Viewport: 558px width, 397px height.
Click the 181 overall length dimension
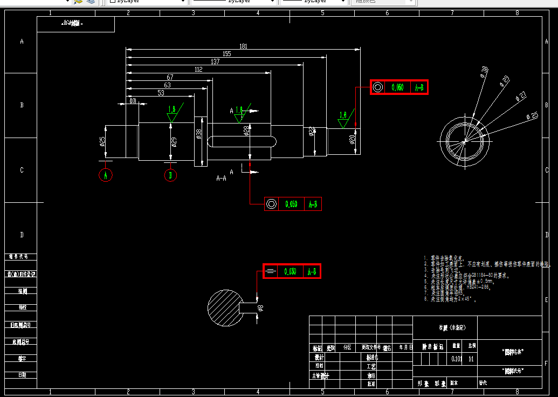pyautogui.click(x=244, y=46)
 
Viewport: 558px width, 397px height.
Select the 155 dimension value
pyautogui.click(x=226, y=54)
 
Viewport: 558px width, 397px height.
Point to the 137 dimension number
pyautogui.click(x=215, y=61)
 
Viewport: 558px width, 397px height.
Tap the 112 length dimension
pyautogui.click(x=198, y=69)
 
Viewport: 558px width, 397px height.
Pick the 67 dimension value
pyautogui.click(x=170, y=77)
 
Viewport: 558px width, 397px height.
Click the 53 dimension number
pyautogui.click(x=161, y=93)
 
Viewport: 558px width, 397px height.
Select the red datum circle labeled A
pyautogui.click(x=106, y=175)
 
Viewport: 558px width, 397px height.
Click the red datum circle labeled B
pyautogui.click(x=170, y=175)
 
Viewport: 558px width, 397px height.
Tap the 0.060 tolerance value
pyautogui.click(x=398, y=87)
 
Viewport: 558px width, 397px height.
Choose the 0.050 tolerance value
pyautogui.click(x=291, y=204)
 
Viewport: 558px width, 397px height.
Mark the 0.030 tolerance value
pyautogui.click(x=290, y=272)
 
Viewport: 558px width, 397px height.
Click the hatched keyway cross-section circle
pyautogui.click(x=225, y=307)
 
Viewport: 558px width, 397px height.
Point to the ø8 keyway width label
pyautogui.click(x=260, y=308)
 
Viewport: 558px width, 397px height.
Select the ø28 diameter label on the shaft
pyautogui.click(x=246, y=131)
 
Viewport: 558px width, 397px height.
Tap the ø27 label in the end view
pyautogui.click(x=521, y=96)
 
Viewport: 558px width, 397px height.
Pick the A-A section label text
pyautogui.click(x=221, y=177)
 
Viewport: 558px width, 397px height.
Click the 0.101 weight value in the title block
pyautogui.click(x=456, y=359)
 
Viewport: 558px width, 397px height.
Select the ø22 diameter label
pyautogui.click(x=312, y=132)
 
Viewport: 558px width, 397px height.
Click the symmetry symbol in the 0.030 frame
pyautogui.click(x=271, y=272)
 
